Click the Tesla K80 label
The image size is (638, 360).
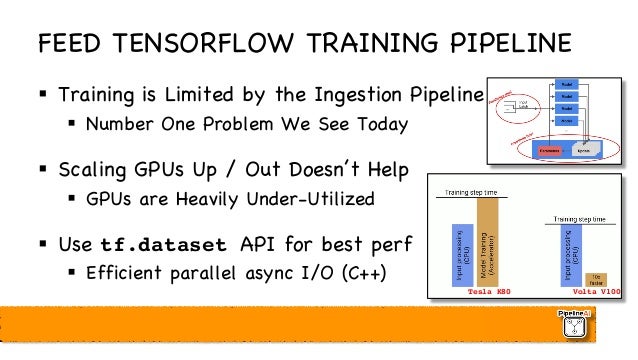489,292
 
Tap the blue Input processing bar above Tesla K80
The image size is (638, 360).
461,254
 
